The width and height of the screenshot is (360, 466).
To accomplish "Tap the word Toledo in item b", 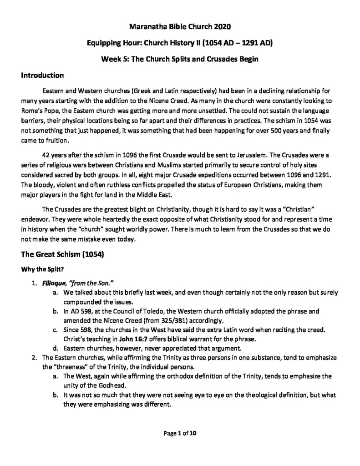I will pos(147,312).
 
